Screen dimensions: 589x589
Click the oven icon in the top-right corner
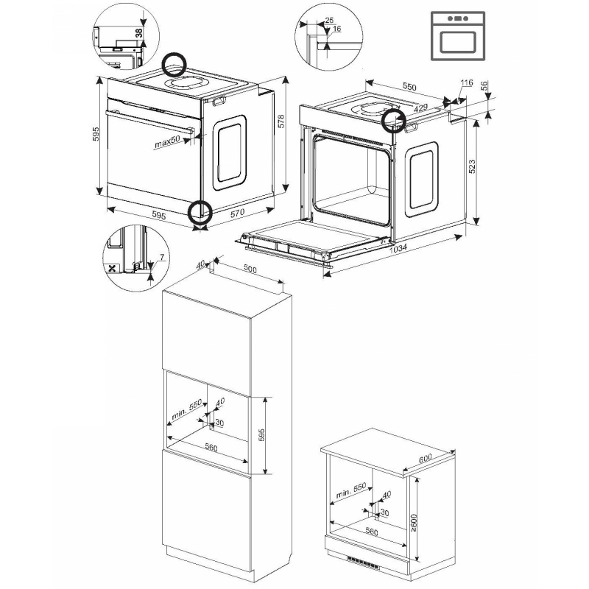coord(457,36)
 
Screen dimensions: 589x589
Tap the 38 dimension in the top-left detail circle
coord(139,33)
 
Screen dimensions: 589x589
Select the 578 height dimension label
coord(281,121)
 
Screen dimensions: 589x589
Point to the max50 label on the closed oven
coord(167,141)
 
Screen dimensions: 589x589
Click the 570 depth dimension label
coord(237,213)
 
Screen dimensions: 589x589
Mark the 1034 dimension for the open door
coord(398,248)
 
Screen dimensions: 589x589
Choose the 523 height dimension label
coord(472,166)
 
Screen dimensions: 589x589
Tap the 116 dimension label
coord(467,82)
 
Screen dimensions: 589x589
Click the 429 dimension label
coord(420,107)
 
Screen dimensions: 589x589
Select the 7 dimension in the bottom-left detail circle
coord(162,257)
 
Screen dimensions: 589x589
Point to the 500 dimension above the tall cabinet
coord(250,269)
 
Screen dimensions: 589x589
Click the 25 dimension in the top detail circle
coord(329,21)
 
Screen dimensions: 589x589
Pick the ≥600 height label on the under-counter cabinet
coord(414,521)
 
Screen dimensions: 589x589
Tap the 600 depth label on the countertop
coord(426,459)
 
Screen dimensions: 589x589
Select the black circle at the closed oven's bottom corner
coord(200,212)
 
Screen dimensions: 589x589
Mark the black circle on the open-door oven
coord(394,120)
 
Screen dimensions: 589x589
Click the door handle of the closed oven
coord(150,121)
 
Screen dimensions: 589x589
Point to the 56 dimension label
coord(484,86)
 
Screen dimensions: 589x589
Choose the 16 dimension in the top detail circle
coord(337,29)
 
